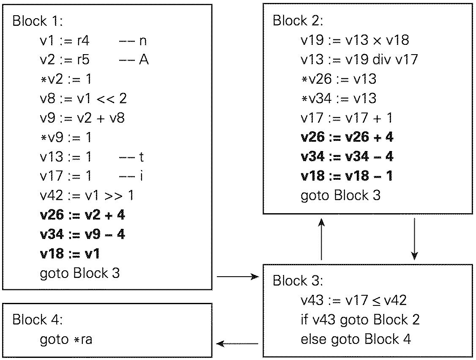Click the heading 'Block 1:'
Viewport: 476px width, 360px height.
coord(38,21)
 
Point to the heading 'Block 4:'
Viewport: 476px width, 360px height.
coord(38,319)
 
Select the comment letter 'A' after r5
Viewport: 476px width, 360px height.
coord(144,60)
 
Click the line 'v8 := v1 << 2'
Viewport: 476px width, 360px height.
coord(83,99)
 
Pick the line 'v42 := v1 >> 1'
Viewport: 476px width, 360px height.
coord(87,195)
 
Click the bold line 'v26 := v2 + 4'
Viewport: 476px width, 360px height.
coord(82,215)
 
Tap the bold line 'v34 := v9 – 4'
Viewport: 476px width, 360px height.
coord(82,234)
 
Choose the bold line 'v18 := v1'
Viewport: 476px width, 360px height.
coord(70,253)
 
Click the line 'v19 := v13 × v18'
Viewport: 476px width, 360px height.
coord(355,40)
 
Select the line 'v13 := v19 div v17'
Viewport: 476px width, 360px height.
coord(359,60)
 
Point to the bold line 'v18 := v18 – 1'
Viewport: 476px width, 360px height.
coord(347,176)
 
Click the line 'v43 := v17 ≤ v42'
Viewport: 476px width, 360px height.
coord(353,300)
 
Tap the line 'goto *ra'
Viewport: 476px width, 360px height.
coord(66,340)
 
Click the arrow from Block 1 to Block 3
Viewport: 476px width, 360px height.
coord(237,277)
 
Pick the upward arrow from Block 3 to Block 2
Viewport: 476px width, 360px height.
coord(322,239)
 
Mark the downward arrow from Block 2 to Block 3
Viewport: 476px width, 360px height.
coord(415,239)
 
